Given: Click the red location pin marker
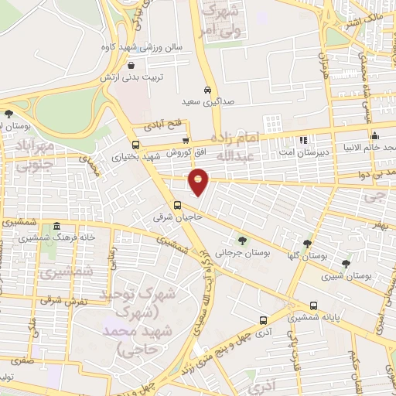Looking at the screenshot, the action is (x=199, y=182).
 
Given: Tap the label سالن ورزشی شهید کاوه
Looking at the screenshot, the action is (x=145, y=47).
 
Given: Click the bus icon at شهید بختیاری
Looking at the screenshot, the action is (x=136, y=145).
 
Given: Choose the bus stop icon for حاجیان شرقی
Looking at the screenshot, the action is (x=178, y=206).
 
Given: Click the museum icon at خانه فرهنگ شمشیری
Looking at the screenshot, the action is (x=56, y=227).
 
